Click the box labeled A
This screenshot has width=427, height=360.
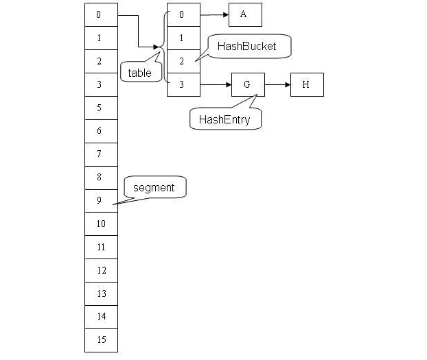[x=244, y=14]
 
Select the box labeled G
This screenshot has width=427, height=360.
[x=248, y=85]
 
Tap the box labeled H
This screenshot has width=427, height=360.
[x=306, y=85]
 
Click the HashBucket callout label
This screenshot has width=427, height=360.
[x=246, y=47]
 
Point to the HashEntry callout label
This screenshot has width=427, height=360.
[x=224, y=119]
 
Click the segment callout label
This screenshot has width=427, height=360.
[x=154, y=187]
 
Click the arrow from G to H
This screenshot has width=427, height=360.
[x=277, y=85]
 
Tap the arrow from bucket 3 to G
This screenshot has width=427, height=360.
[x=216, y=85]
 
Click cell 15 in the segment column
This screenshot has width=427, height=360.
[x=101, y=339]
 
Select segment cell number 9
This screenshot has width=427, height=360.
[x=101, y=200]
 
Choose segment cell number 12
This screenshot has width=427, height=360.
[x=101, y=270]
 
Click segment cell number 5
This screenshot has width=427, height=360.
[x=101, y=108]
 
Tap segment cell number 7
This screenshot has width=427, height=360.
[x=101, y=154]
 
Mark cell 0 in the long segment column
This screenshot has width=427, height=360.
[x=101, y=14]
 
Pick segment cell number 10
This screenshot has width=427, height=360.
[x=101, y=224]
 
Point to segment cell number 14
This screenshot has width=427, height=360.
[x=101, y=316]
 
